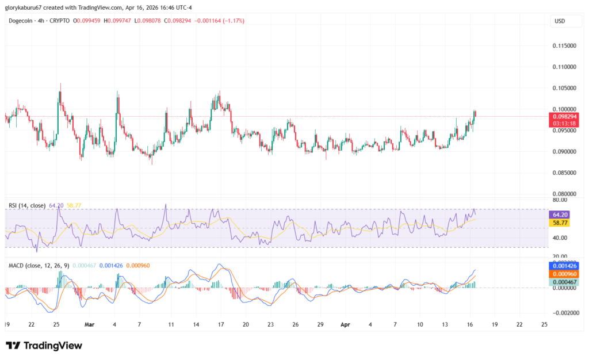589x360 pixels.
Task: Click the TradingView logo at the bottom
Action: point(44,346)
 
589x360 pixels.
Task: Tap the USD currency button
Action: point(560,21)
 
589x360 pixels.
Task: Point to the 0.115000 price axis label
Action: point(563,45)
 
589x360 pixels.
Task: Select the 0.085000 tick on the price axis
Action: point(563,173)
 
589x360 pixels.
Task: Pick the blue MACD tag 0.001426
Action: point(564,267)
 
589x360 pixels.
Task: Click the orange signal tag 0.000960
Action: point(564,274)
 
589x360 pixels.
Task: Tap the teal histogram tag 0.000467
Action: point(564,282)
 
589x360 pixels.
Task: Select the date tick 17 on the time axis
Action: point(220,324)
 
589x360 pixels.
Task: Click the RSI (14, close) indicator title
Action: point(27,205)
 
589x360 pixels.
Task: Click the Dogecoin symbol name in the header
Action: point(21,21)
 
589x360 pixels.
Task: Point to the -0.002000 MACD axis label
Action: point(563,313)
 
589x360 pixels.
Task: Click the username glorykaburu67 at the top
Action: point(29,7)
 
